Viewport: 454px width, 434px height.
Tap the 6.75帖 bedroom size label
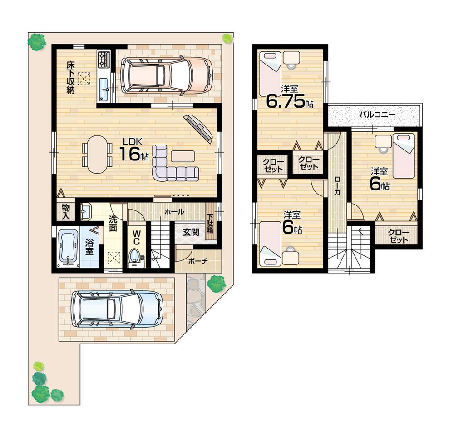tap(289, 100)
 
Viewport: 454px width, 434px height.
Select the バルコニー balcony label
tap(377, 115)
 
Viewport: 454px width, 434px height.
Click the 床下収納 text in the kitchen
tap(70, 77)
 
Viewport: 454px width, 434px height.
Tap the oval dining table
tap(97, 155)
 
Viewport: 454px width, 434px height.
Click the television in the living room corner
tap(198, 128)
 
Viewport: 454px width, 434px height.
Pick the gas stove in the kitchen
tap(104, 59)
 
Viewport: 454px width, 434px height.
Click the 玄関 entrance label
tap(191, 231)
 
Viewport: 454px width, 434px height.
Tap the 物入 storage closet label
tap(66, 211)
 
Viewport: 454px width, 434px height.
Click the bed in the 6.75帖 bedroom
tap(270, 74)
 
